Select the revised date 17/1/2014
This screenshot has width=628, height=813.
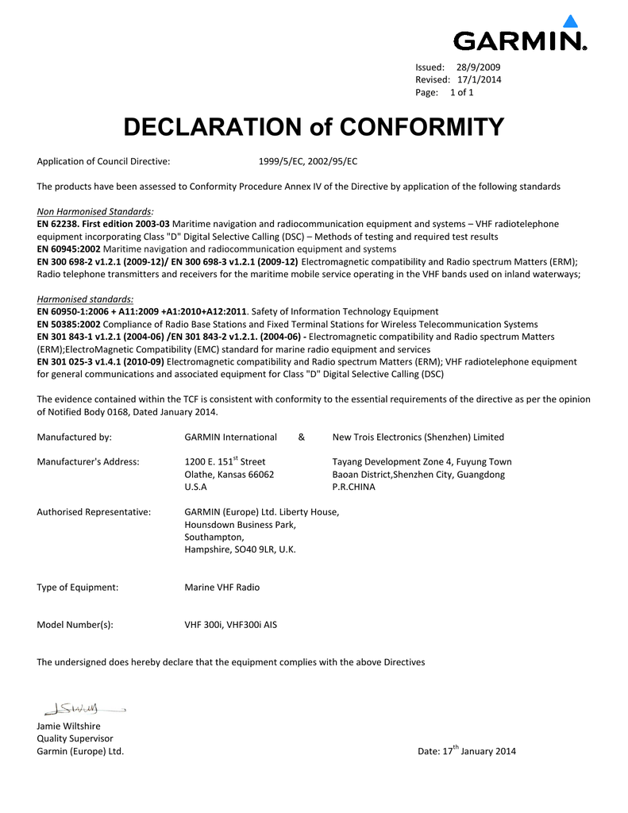pyautogui.click(x=480, y=79)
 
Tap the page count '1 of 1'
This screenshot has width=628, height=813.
pyautogui.click(x=461, y=92)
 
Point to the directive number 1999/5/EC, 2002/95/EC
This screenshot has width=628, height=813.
pyautogui.click(x=308, y=161)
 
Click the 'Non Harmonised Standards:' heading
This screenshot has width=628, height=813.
pyautogui.click(x=95, y=212)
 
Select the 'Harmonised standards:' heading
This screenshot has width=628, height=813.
pyautogui.click(x=85, y=299)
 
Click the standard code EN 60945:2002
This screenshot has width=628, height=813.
pyautogui.click(x=69, y=249)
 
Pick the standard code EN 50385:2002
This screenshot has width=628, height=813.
pyautogui.click(x=69, y=324)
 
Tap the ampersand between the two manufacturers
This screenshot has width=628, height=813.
pyautogui.click(x=302, y=437)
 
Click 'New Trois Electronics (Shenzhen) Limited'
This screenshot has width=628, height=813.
pyautogui.click(x=418, y=437)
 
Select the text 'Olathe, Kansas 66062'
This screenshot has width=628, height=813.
pyautogui.click(x=229, y=474)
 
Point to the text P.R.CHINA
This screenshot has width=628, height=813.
pyautogui.click(x=353, y=487)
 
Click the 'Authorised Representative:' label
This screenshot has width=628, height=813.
pyautogui.click(x=94, y=512)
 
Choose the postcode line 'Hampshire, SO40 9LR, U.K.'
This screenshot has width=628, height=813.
pyautogui.click(x=240, y=549)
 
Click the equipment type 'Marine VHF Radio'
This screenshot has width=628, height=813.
pyautogui.click(x=222, y=588)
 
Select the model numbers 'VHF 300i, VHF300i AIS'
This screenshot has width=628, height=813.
pyautogui.click(x=231, y=625)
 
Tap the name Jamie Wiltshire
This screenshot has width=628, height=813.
pyautogui.click(x=69, y=726)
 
